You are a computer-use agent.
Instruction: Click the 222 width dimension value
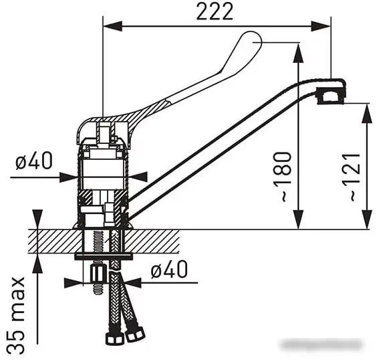(x=215, y=11)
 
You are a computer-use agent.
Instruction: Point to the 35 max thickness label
(x=18, y=314)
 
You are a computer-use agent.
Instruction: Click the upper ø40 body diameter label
(x=33, y=162)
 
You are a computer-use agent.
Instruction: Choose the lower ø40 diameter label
(x=168, y=270)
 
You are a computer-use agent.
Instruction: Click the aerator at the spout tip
(x=331, y=94)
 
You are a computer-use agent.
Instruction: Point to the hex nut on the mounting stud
(x=98, y=273)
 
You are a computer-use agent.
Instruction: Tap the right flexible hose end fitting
(x=136, y=332)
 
